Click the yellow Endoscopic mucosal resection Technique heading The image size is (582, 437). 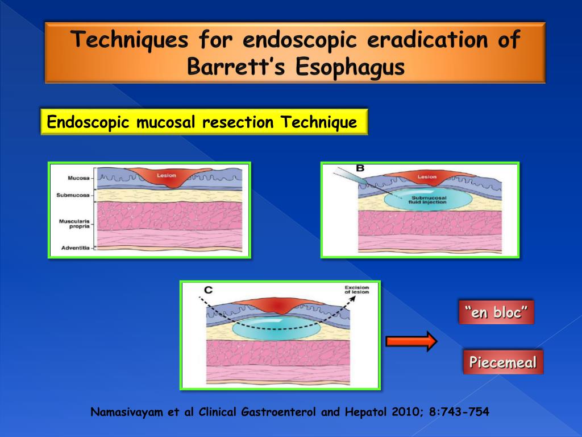(x=203, y=122)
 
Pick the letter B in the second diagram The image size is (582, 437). (x=360, y=168)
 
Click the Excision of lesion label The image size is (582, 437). (x=357, y=290)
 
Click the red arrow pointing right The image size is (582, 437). (x=410, y=341)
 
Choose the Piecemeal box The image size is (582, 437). (x=503, y=362)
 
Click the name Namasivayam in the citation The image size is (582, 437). (x=124, y=412)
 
